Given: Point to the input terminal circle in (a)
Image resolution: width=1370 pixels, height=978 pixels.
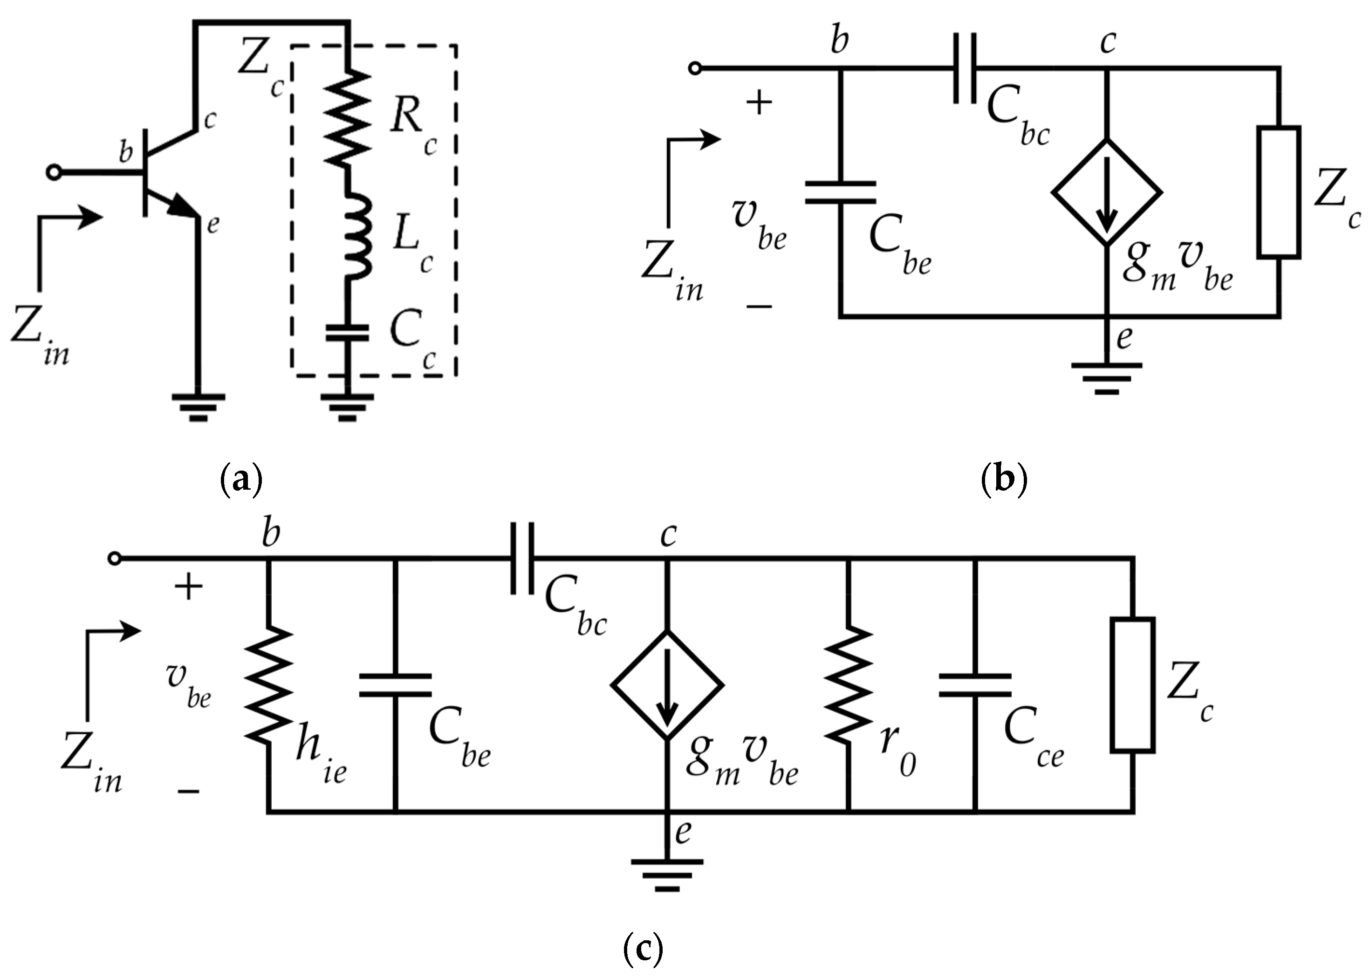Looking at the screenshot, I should (54, 173).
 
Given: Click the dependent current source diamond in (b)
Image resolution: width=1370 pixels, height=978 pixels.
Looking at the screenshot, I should (1106, 193).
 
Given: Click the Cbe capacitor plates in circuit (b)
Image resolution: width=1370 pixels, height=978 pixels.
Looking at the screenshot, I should (840, 193).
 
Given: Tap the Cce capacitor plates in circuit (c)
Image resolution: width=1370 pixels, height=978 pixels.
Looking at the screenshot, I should (975, 685).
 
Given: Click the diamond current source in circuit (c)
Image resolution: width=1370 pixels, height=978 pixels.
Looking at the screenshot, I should (667, 685).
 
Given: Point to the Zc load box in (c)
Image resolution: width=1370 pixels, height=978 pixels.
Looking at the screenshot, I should (1133, 685).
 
